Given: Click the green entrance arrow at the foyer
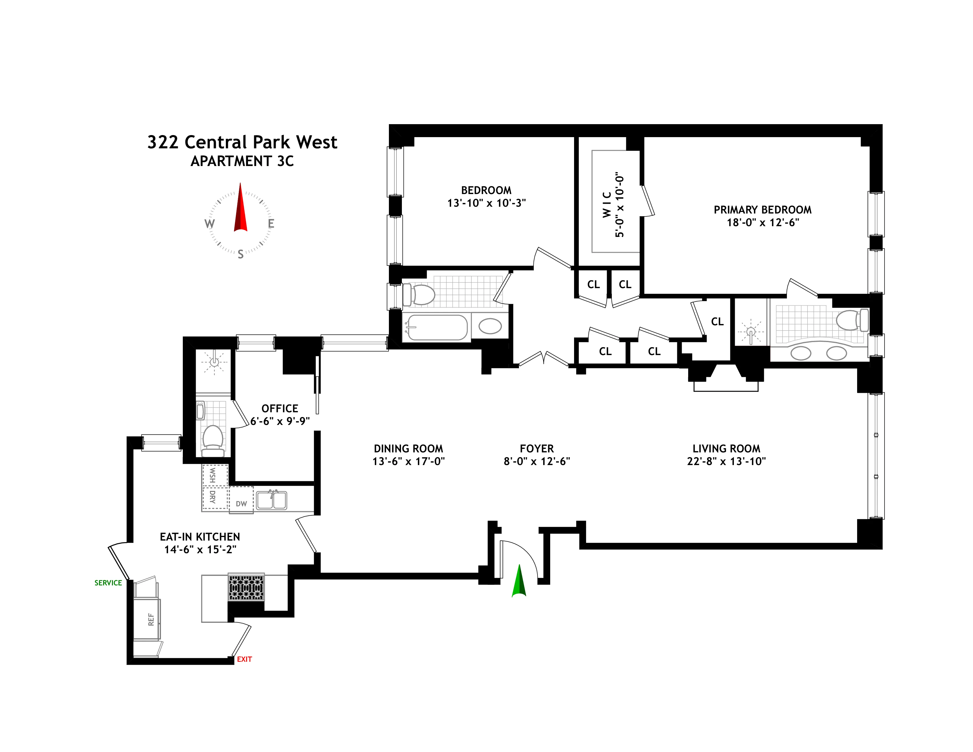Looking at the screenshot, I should point(519,581).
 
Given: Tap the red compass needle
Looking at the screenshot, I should point(241,209).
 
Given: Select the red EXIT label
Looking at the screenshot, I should point(244,659).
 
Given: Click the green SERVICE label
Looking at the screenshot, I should point(108,583).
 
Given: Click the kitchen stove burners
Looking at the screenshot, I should point(246,587).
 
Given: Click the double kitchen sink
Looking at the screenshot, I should point(271,500).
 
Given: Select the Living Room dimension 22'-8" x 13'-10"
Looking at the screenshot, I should point(726,461).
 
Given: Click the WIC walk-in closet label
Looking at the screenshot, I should point(607,205).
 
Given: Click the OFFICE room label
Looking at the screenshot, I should point(280,408).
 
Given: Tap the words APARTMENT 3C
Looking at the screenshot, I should point(242,161).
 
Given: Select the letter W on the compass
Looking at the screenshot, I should point(209,224).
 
